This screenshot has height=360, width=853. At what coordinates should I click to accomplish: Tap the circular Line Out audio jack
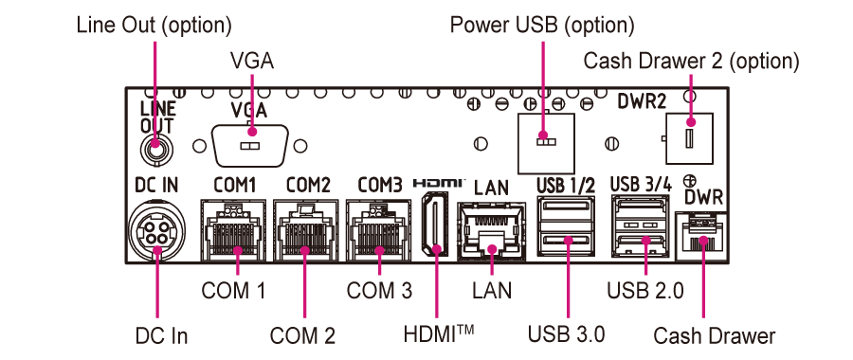(154, 148)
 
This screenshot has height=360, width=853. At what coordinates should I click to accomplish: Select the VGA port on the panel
(250, 147)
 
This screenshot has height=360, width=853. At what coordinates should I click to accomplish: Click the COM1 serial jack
(232, 230)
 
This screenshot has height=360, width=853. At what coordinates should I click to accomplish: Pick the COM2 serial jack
(305, 230)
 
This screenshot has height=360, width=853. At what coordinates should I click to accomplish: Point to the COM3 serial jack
(379, 230)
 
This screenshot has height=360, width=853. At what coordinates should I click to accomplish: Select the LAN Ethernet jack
(492, 230)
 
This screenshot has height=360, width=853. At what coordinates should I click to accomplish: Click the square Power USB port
(544, 138)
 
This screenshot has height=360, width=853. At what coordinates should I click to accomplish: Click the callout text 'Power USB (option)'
(542, 22)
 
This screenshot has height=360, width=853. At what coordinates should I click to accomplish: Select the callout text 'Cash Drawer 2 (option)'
(691, 62)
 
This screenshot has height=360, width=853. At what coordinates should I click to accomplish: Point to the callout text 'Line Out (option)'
(154, 22)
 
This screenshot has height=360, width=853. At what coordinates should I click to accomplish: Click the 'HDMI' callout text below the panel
(438, 333)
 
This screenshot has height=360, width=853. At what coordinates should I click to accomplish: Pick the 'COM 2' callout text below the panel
(303, 334)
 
